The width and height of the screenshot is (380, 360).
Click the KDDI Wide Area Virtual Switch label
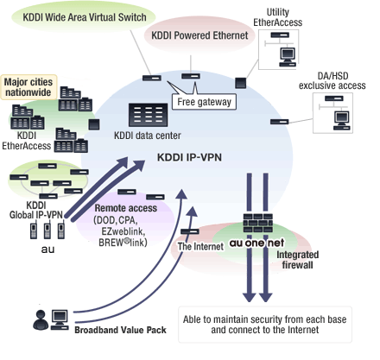(x=85, y=17)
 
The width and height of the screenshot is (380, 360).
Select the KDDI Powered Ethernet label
(x=199, y=35)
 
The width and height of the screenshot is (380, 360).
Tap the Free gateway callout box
(x=204, y=102)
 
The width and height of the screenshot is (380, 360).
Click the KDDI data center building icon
(x=148, y=115)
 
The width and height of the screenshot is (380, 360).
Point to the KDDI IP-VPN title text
(x=189, y=157)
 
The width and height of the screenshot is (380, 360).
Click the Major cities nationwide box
(x=28, y=87)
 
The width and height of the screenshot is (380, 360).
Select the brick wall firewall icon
(x=257, y=223)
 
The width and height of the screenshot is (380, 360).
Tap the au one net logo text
(x=256, y=243)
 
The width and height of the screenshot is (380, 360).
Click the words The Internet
(x=200, y=246)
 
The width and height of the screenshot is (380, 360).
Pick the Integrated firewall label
(x=297, y=260)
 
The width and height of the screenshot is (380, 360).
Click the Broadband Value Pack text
(x=120, y=330)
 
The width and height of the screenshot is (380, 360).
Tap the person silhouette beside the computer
(x=41, y=320)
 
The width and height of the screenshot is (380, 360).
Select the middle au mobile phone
(x=47, y=231)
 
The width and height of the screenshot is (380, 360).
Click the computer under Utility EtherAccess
(x=288, y=57)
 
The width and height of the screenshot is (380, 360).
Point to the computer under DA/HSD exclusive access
(x=342, y=121)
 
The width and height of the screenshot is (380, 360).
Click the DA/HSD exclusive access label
(x=332, y=81)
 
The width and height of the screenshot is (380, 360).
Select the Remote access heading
(x=126, y=208)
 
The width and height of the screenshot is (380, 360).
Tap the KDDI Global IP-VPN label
(x=36, y=210)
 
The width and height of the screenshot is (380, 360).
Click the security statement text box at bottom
(x=265, y=325)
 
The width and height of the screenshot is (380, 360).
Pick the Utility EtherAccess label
(x=278, y=17)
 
